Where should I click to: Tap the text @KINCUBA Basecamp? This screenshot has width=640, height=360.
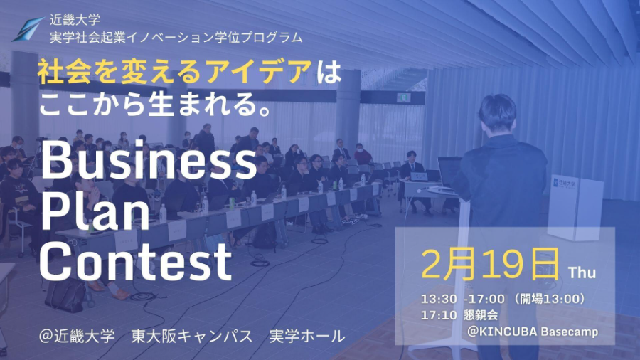tap(533, 332)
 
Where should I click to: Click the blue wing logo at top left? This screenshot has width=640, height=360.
tap(28, 29)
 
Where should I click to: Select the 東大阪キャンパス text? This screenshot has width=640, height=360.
tap(192, 335)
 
